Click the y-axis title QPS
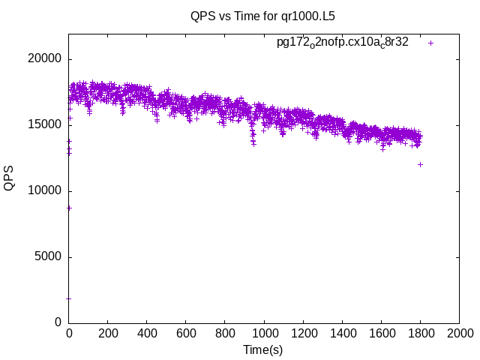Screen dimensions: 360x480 (x=10, y=177)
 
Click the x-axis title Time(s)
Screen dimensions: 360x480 (x=262, y=349)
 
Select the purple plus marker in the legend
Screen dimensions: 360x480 (x=430, y=43)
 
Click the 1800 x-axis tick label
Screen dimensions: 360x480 (x=420, y=334)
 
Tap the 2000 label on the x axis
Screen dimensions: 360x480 (x=459, y=334)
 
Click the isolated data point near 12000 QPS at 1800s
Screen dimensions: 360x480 (x=420, y=164)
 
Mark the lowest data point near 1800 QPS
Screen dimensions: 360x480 (x=69, y=298)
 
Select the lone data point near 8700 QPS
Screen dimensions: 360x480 (x=69, y=208)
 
